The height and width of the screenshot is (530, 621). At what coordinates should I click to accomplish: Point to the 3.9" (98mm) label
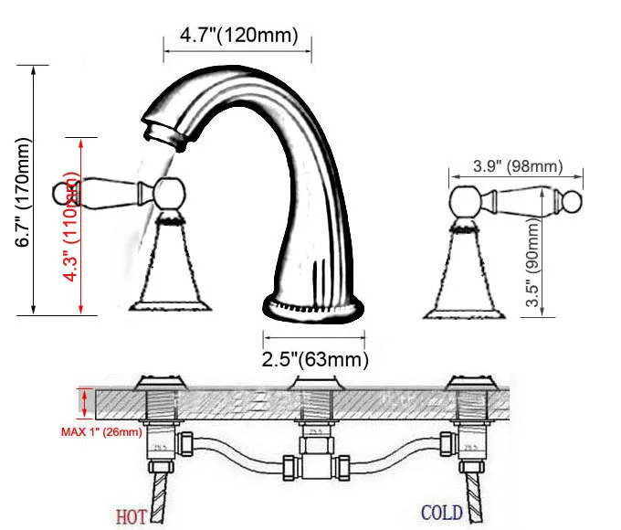coord(504,166)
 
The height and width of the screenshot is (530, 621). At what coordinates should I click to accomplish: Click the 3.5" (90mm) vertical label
coord(533,265)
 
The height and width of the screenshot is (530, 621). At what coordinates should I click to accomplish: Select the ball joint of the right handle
coord(465,198)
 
